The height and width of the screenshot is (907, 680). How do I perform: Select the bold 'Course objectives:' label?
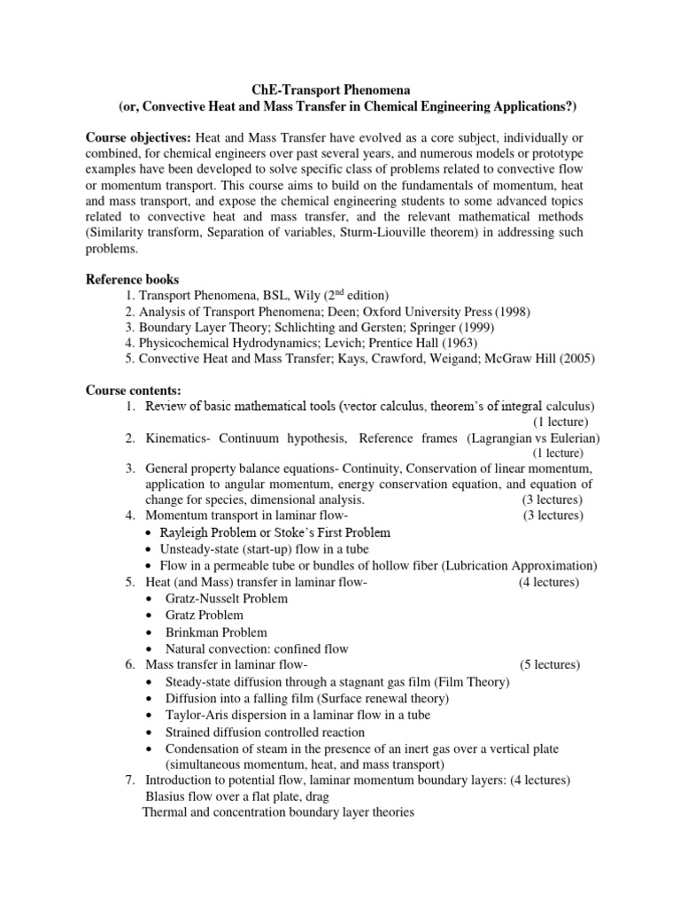pos(137,141)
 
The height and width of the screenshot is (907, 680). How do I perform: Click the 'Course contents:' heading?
pos(133,389)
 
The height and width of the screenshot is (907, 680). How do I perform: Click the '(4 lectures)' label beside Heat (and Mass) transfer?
pos(549,582)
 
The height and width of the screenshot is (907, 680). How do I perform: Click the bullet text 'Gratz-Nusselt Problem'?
pos(227,599)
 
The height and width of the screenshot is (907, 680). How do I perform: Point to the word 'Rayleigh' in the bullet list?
pos(184,532)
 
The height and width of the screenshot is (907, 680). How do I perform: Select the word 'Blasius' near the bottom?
pos(165,796)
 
